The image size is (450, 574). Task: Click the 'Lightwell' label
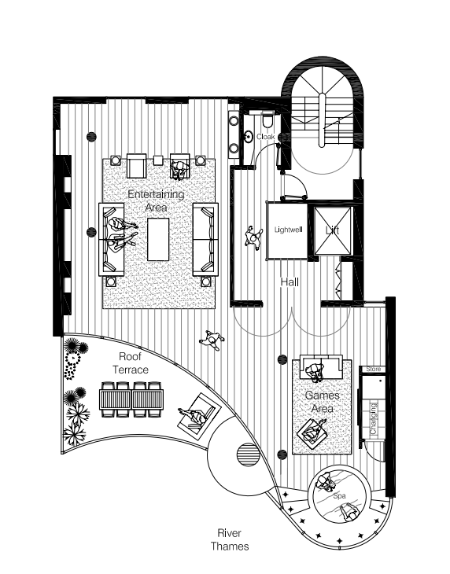coord(289,230)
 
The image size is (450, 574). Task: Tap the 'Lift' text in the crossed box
coord(333,230)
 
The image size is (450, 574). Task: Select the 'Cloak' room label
coord(265,137)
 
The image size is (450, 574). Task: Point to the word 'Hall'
coord(290,281)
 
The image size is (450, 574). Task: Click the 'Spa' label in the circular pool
coord(339,496)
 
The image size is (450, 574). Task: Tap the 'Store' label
coord(374,369)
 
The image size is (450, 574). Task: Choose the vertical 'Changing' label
coord(373,418)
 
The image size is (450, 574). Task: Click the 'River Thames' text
coord(230,539)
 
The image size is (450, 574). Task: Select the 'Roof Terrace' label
coord(131,362)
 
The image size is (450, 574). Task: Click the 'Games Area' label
coord(323,402)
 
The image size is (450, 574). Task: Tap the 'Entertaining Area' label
coord(156,201)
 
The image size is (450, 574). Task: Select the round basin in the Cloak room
coord(249,137)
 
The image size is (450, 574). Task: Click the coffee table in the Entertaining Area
coord(158,239)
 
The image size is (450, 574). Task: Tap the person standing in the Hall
coord(253,238)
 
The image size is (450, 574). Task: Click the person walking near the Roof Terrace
coord(212,340)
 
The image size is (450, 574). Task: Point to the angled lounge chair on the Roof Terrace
coord(199,415)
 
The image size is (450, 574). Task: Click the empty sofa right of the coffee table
coord(205,239)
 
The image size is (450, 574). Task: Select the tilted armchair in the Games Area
coord(312,434)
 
